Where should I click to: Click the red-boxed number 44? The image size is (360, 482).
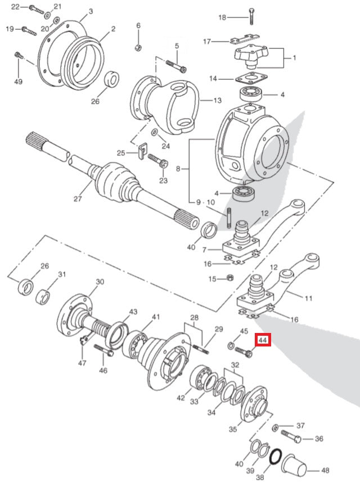263,340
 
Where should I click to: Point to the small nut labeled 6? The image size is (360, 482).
138,46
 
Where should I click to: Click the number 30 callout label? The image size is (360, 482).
100,282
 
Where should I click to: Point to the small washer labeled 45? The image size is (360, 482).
232,344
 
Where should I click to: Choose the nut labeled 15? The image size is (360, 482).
229,278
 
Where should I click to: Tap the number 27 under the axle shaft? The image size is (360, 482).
78,199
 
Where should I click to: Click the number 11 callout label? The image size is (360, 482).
308,299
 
